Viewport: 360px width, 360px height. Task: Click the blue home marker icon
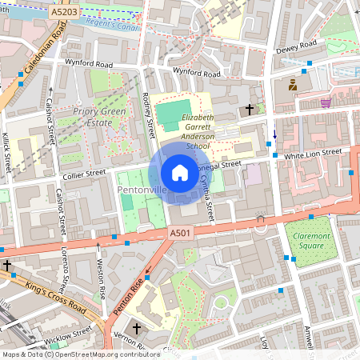(180, 172)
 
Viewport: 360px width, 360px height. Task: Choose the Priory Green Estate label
(100, 117)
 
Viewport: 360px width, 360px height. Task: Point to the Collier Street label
(86, 172)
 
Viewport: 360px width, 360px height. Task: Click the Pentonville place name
(142, 190)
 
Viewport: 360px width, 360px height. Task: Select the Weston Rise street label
(102, 279)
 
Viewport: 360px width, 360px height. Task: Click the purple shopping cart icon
(326, 102)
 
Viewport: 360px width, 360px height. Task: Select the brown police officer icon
(294, 84)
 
